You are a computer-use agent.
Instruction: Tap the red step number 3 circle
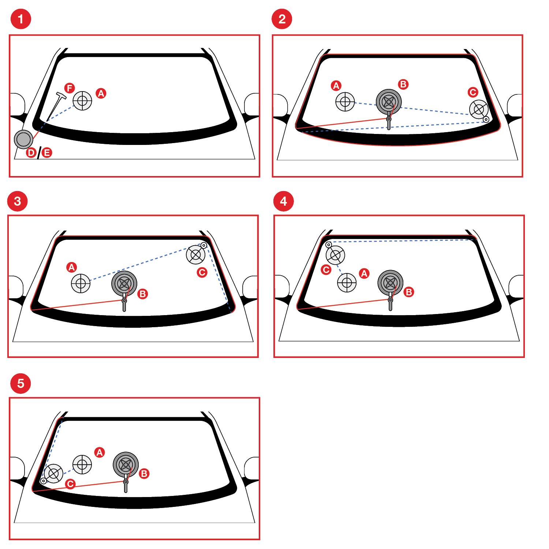point(17,201)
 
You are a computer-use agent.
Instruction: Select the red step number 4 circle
point(283,201)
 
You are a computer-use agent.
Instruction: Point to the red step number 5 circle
point(21,383)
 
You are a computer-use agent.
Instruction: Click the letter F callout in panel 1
point(70,88)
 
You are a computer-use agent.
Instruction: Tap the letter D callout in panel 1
point(31,153)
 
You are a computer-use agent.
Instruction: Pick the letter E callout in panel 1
point(46,153)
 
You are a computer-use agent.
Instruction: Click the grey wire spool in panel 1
point(23,139)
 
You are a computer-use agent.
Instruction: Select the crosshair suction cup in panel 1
point(82,100)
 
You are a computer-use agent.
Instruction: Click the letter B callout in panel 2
point(403,85)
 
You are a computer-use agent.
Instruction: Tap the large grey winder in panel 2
point(389,102)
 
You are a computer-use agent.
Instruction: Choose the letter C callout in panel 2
point(473,92)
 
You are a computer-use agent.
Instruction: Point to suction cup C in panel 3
point(197,253)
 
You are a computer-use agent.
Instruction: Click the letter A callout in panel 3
point(71,267)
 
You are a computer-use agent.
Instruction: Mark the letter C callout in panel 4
point(326,270)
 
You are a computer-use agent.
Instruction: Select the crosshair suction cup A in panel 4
point(347,283)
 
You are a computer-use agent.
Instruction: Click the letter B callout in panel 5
point(144,474)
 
